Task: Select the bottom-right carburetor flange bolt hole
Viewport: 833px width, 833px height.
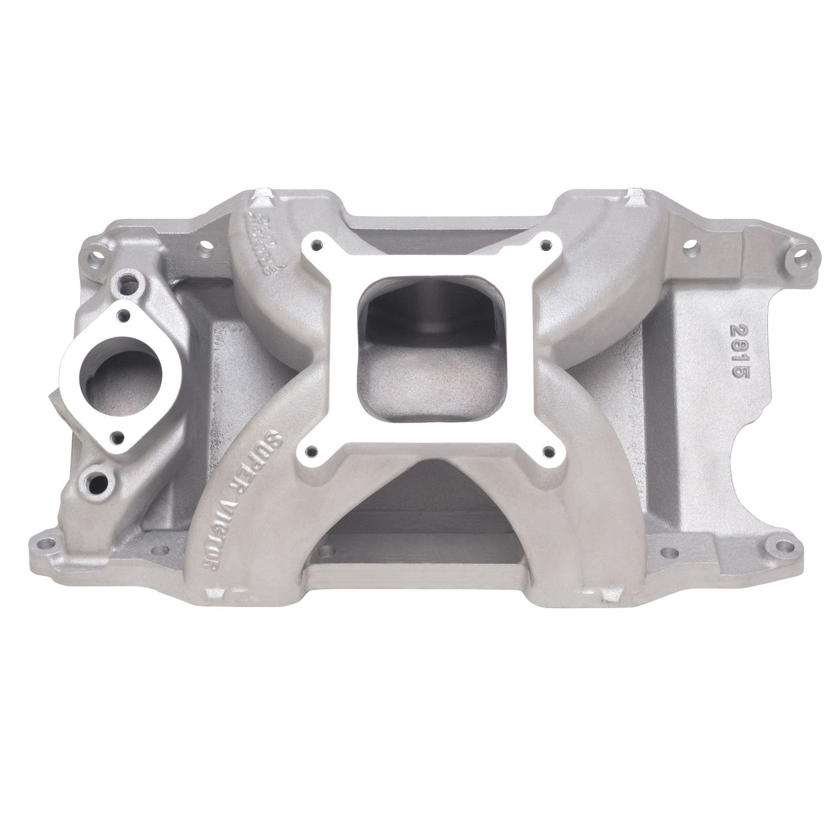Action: [550, 435]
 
